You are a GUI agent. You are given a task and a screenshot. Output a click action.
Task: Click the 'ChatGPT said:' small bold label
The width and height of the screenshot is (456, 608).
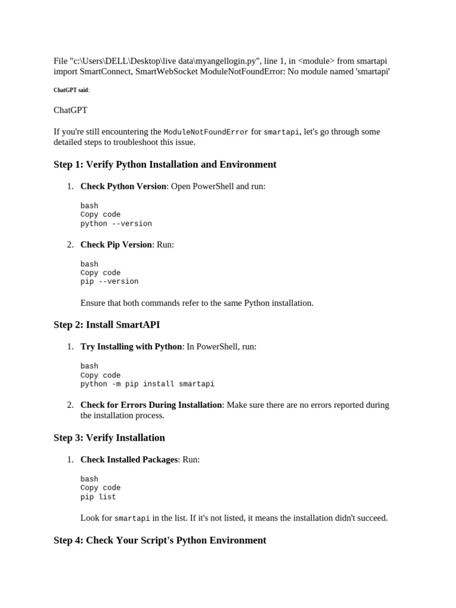[71, 90]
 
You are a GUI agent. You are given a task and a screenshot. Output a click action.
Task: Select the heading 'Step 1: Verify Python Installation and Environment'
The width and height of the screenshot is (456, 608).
[165, 164]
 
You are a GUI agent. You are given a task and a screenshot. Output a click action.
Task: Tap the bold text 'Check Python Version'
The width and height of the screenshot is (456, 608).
[123, 186]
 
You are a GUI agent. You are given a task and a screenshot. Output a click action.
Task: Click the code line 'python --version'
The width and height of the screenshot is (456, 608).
[116, 224]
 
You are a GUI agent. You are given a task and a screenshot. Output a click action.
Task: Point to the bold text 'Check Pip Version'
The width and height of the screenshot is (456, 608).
[116, 244]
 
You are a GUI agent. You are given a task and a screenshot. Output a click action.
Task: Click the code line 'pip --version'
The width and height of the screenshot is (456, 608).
[109, 281]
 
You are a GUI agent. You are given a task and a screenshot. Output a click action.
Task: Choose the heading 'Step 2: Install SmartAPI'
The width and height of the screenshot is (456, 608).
[107, 325]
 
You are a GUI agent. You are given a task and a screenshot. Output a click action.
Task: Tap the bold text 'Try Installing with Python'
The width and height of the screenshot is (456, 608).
[131, 346]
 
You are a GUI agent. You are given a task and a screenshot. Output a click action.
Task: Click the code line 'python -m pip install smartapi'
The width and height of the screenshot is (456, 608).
[147, 384]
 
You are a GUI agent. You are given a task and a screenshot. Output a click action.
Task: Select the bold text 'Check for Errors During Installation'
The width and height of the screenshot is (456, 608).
[151, 405]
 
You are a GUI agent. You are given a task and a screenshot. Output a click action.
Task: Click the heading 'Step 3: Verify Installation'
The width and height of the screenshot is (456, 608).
[109, 438]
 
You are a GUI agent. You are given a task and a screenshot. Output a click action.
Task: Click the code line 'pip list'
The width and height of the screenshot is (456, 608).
[99, 497]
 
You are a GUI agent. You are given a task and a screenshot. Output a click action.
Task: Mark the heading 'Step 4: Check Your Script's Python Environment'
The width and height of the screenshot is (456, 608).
[160, 540]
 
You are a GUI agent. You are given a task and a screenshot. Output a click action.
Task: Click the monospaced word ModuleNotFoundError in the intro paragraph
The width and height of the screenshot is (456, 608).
[206, 132]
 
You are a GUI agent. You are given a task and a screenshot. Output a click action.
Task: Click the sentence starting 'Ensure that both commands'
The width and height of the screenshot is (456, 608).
[197, 303]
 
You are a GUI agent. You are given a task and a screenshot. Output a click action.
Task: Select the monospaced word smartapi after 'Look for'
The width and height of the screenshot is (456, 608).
[132, 518]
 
